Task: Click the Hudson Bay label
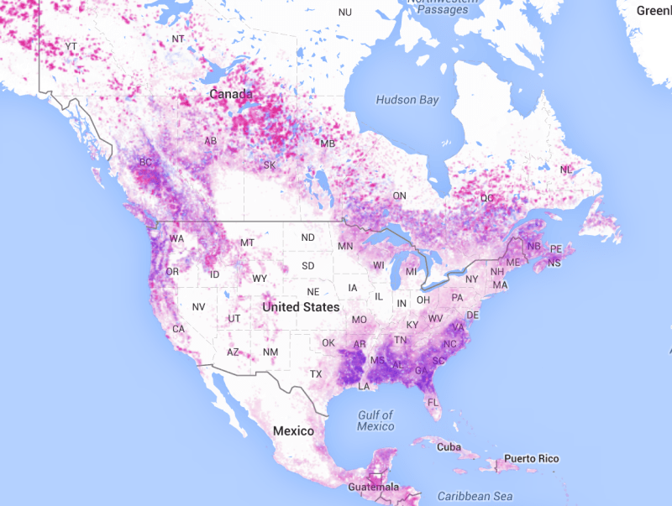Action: coord(407,100)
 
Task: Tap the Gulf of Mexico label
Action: coord(375,420)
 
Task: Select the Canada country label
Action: coord(230,94)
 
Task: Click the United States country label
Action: coord(301,307)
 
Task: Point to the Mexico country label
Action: coord(293,430)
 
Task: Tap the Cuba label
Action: coord(449,447)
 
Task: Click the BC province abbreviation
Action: coord(146,162)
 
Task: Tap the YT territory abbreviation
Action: coord(71,45)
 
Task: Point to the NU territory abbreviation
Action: coord(345,13)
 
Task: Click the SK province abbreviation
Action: coord(270,165)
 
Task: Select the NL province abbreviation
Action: coord(565,170)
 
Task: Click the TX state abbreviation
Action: coord(316,373)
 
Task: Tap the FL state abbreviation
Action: coord(433,402)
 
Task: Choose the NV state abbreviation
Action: coord(198,307)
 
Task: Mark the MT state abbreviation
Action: coord(247,243)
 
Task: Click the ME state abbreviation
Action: coord(512,263)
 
